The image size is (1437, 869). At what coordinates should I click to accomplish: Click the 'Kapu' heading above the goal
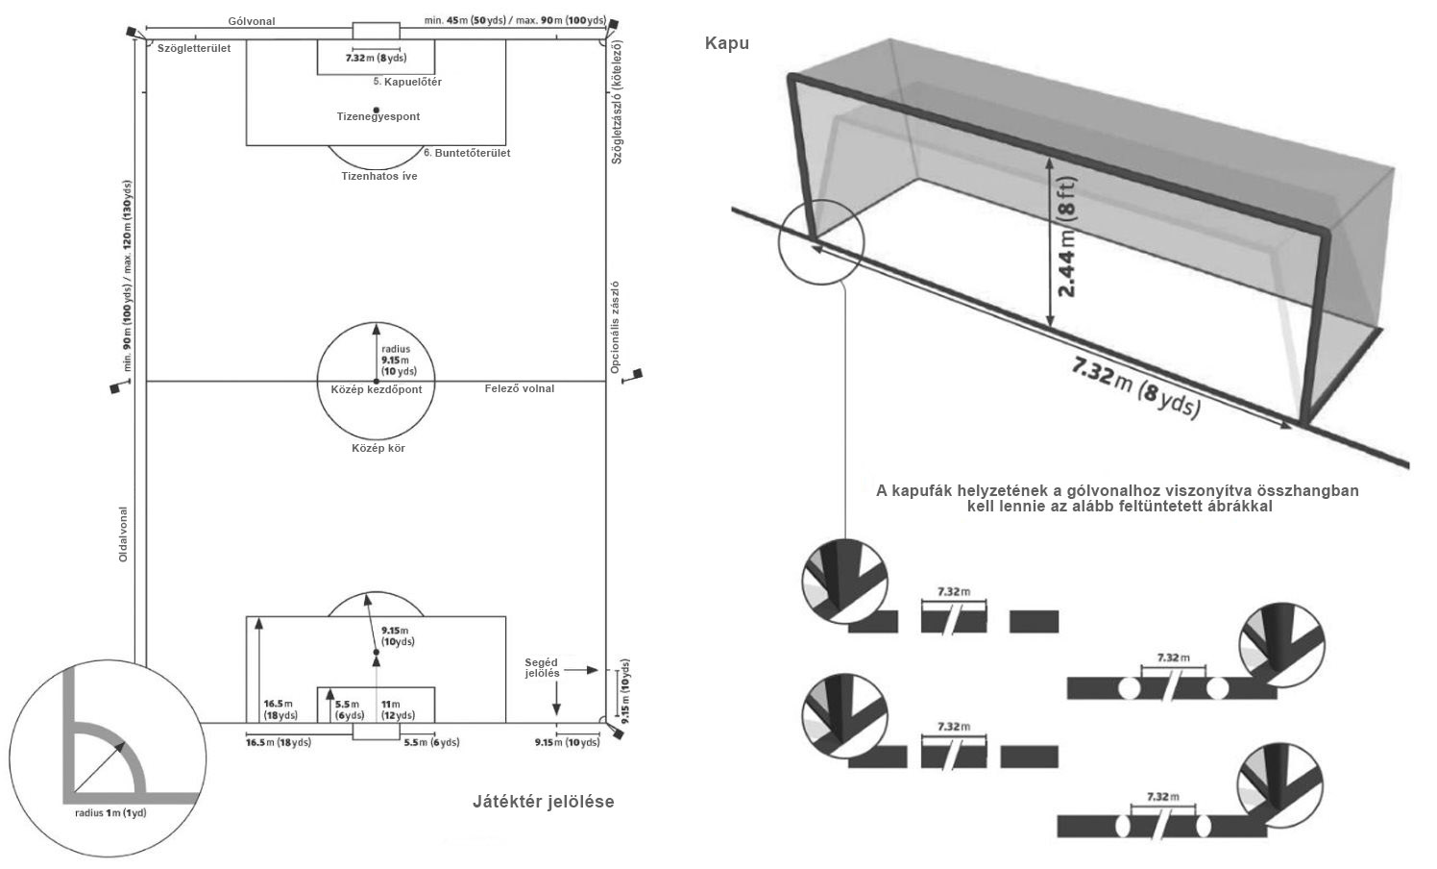click(726, 43)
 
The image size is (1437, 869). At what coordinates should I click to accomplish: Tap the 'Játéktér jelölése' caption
click(543, 802)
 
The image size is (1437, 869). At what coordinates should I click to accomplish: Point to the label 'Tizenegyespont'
click(378, 117)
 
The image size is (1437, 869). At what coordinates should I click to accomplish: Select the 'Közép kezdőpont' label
click(370, 389)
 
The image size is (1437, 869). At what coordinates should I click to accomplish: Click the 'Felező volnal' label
click(519, 388)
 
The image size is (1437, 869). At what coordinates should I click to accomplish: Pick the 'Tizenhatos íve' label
click(379, 177)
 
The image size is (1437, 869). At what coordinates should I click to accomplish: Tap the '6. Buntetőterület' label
click(467, 153)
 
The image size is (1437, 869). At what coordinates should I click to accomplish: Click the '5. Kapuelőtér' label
click(407, 83)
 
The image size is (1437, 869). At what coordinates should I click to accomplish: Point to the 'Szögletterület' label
click(194, 49)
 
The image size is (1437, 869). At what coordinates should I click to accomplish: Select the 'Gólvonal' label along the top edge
click(252, 21)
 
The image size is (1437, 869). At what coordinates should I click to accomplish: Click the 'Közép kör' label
click(378, 448)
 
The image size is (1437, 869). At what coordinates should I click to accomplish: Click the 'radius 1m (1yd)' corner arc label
click(110, 813)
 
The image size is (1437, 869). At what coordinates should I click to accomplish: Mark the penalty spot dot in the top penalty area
click(377, 109)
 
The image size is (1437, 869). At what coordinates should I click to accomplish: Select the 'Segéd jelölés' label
click(542, 668)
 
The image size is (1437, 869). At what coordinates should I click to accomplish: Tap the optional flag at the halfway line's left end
click(116, 387)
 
